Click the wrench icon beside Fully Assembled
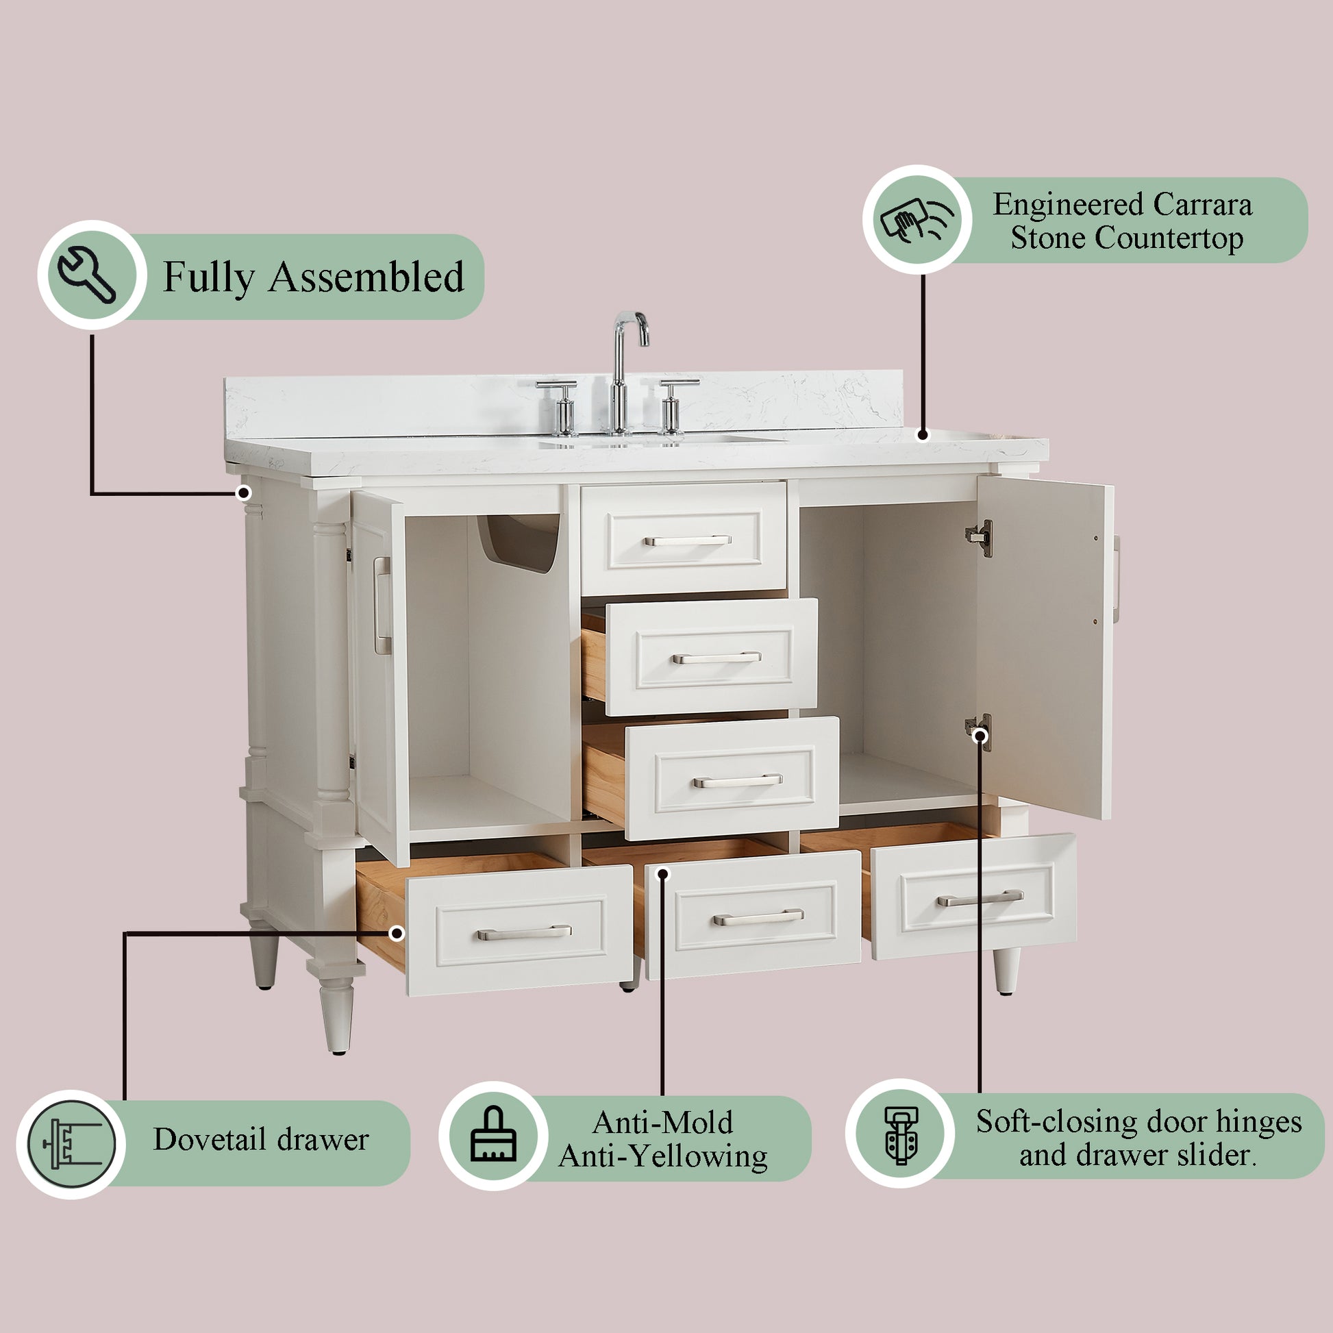pyautogui.click(x=87, y=275)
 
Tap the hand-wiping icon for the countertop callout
pyautogui.click(x=917, y=219)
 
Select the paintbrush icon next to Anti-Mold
pyautogui.click(x=493, y=1135)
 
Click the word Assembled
pyautogui.click(x=366, y=277)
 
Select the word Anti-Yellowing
pyautogui.click(x=663, y=1157)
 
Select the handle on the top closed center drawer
pyautogui.click(x=687, y=540)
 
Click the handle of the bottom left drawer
pyautogui.click(x=525, y=933)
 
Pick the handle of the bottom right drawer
pyautogui.click(x=980, y=897)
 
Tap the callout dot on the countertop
pyautogui.click(x=923, y=435)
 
